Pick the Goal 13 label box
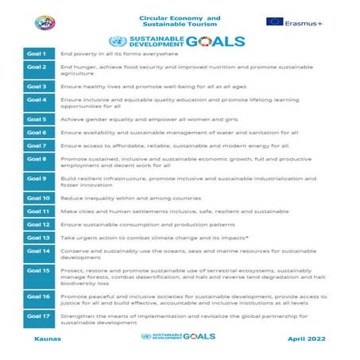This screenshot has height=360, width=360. tap(38, 237)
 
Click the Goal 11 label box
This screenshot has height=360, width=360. tap(38, 211)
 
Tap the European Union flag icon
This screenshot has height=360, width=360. tap(274, 21)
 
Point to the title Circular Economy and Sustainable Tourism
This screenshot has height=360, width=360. tap(180, 21)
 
